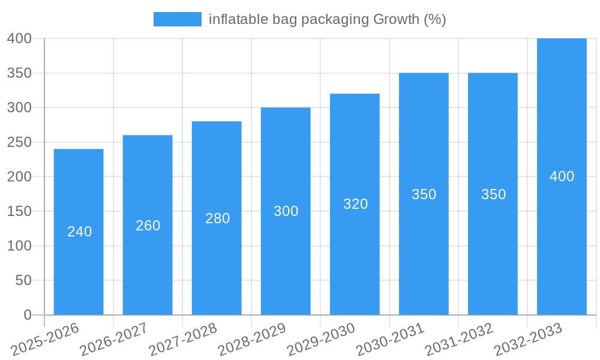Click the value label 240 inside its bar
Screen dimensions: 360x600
pyautogui.click(x=79, y=232)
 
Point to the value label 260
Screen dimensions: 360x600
pyautogui.click(x=148, y=226)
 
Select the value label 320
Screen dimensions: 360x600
pyautogui.click(x=355, y=204)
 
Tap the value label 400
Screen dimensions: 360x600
pyautogui.click(x=562, y=176)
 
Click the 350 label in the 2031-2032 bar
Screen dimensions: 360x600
pyautogui.click(x=493, y=194)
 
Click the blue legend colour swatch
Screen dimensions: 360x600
pyautogui.click(x=177, y=19)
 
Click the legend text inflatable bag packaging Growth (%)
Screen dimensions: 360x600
pyautogui.click(x=327, y=19)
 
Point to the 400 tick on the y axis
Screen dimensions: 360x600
pyautogui.click(x=19, y=38)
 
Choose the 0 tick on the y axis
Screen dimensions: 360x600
pyautogui.click(x=27, y=315)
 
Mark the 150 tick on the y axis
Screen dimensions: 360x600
pyautogui.click(x=19, y=211)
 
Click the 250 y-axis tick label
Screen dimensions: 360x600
pyautogui.click(x=19, y=142)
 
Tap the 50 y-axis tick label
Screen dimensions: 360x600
pyautogui.click(x=23, y=280)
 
